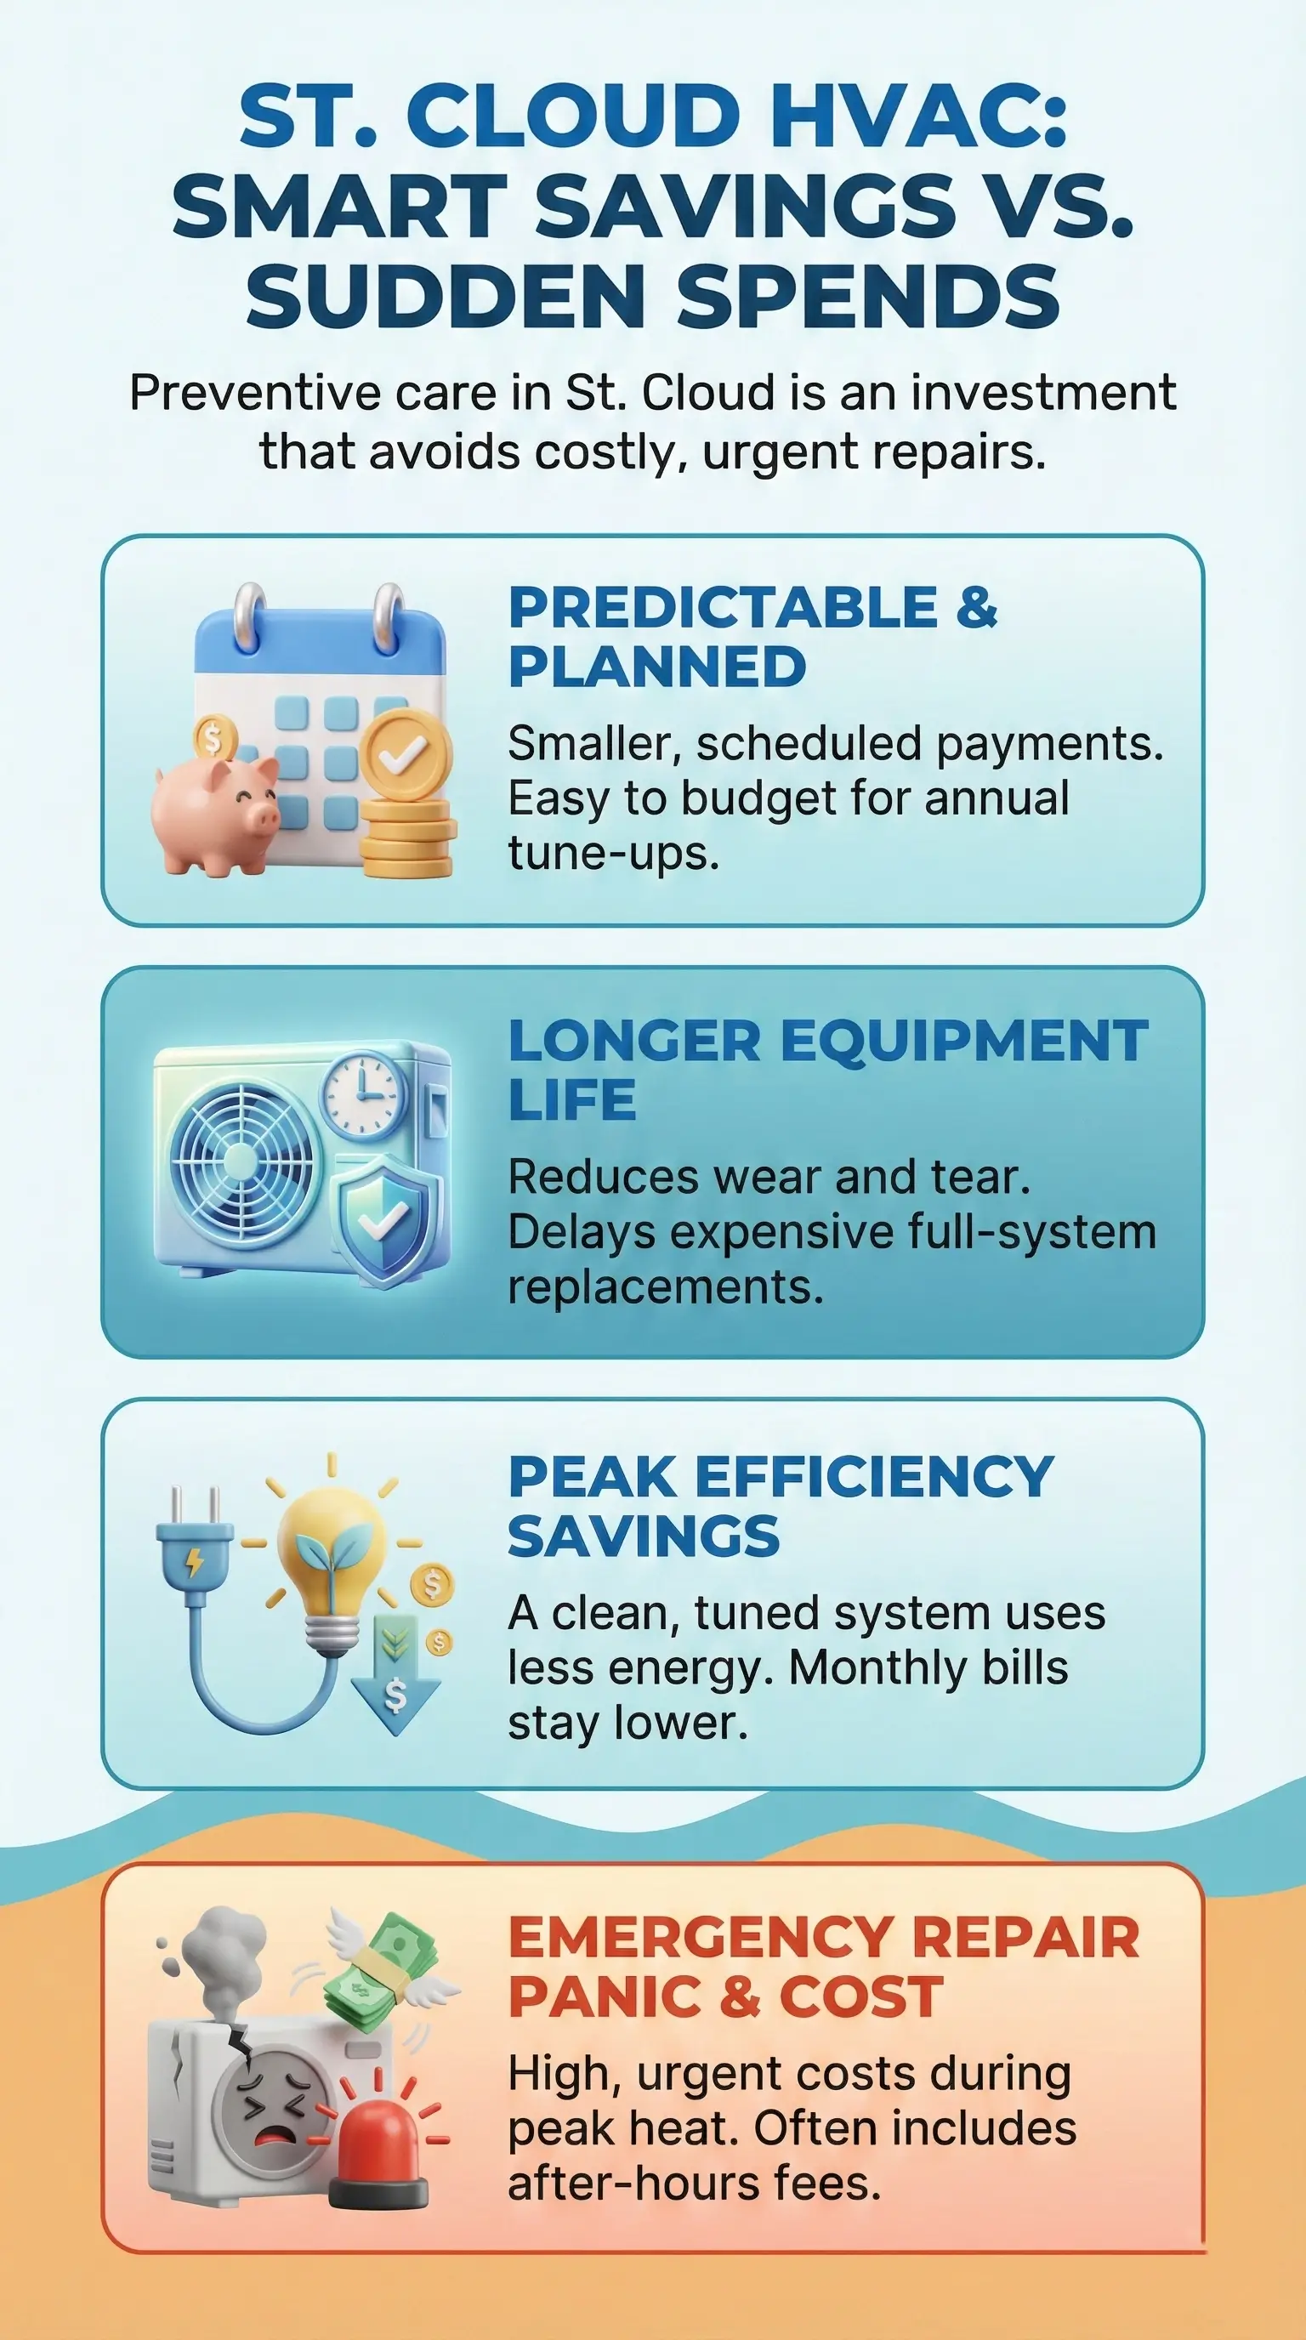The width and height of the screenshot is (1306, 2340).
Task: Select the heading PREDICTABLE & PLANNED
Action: point(752,638)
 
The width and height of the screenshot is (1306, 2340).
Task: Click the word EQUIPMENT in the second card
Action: point(964,1042)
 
